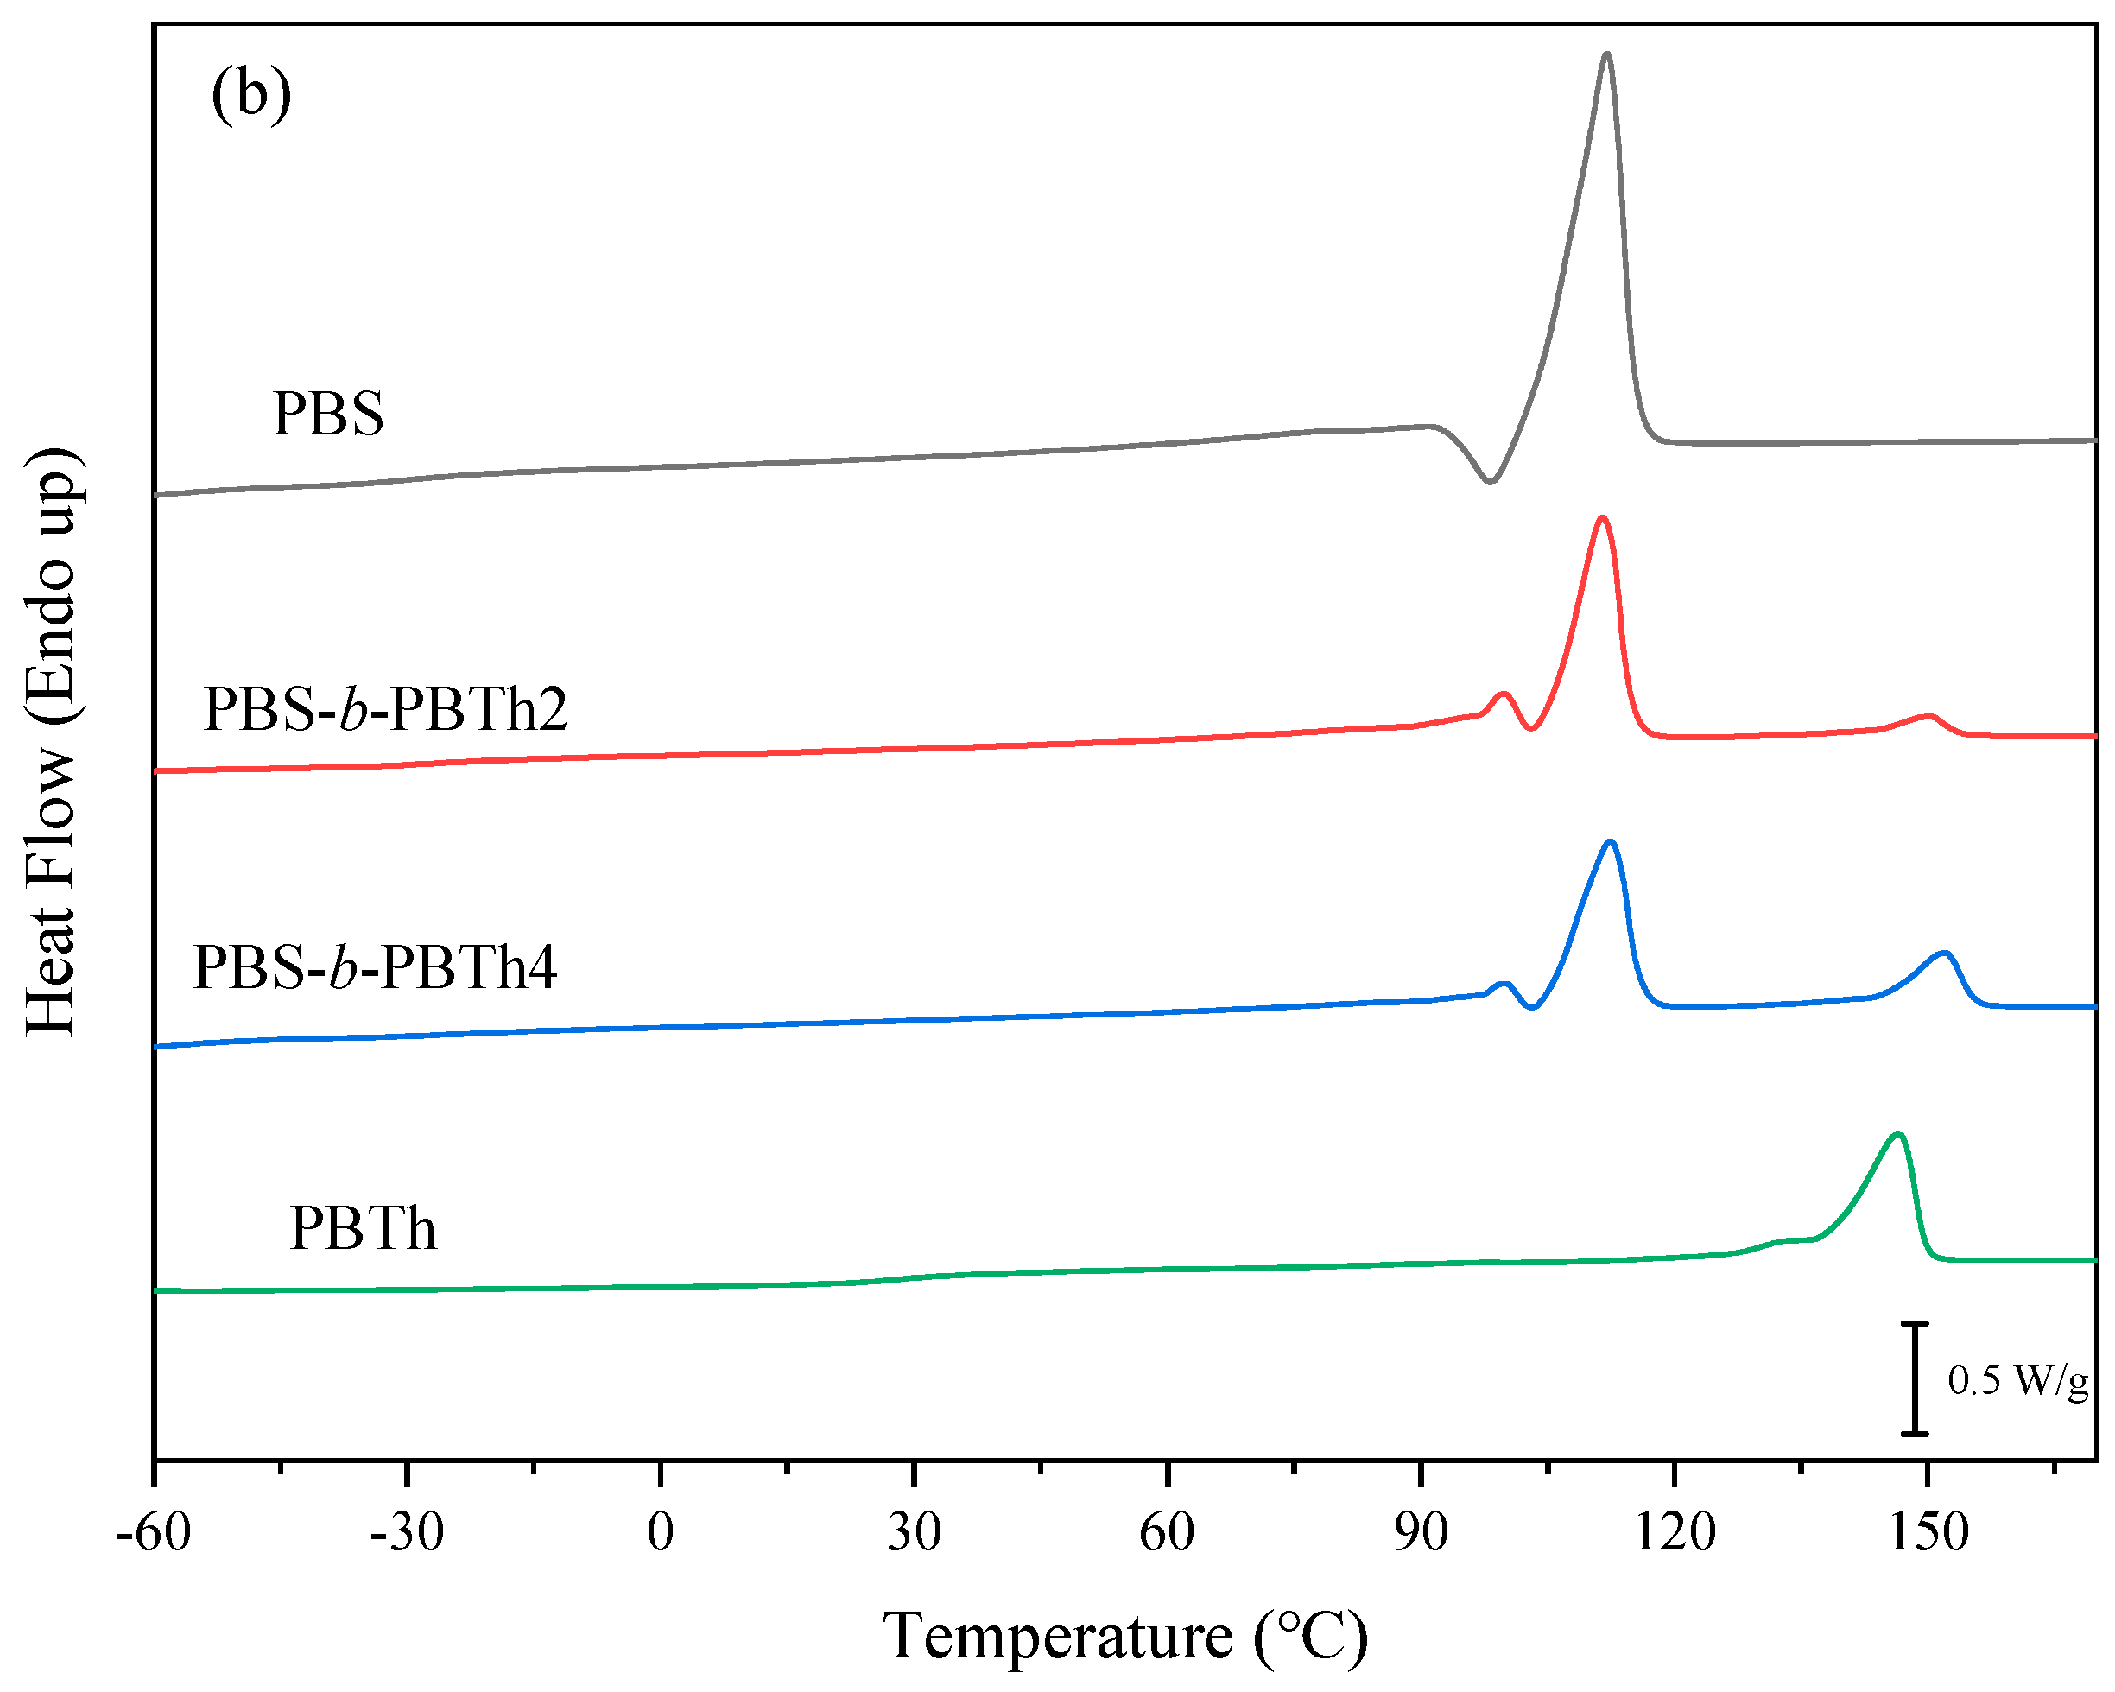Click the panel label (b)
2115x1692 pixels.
pos(251,94)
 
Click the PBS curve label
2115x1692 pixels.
pos(327,413)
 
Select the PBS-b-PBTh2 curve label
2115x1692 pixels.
pos(384,709)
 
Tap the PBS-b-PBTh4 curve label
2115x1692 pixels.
pos(375,967)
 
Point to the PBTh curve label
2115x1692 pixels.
pos(362,1228)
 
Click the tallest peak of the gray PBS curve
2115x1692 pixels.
pos(1605,55)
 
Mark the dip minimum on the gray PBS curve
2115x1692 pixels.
pos(1490,480)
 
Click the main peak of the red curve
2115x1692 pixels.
pos(1602,518)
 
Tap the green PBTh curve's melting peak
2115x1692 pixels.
pos(1898,1135)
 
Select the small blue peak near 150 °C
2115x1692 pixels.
pos(1943,954)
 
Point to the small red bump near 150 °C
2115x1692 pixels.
pos(1928,717)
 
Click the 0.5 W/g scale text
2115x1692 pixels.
pos(2018,1381)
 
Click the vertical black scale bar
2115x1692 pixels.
pos(1914,1379)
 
